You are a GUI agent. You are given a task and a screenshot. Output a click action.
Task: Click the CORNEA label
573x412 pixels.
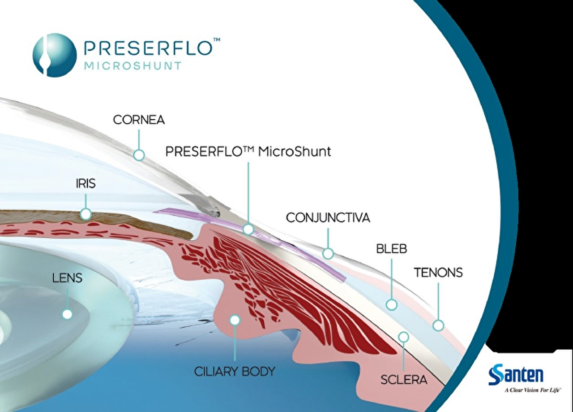click(139, 120)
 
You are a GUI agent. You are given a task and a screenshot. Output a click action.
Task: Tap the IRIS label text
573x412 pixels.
click(86, 184)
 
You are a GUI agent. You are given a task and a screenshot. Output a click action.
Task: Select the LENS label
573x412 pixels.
click(68, 278)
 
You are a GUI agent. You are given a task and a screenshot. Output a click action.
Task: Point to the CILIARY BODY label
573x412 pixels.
click(234, 372)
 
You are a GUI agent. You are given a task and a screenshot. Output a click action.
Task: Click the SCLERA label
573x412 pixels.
click(404, 380)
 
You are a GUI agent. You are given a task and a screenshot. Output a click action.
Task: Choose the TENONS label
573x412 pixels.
click(438, 273)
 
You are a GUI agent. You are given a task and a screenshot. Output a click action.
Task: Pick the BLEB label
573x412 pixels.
click(392, 249)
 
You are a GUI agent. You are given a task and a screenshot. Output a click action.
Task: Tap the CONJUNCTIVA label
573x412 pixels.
click(328, 218)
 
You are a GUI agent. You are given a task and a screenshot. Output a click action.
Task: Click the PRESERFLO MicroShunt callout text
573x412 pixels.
click(248, 152)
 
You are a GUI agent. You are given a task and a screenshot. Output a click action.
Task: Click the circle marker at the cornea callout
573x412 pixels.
click(139, 156)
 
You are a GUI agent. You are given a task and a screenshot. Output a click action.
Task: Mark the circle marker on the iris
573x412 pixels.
click(86, 214)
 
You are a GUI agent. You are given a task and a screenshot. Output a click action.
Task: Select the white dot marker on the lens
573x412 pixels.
click(67, 314)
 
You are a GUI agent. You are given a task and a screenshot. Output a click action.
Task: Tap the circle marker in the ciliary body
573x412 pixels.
click(235, 320)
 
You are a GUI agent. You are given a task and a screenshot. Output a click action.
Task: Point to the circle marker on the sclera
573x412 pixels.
click(404, 336)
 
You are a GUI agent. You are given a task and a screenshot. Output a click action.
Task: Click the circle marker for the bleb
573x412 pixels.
click(392, 305)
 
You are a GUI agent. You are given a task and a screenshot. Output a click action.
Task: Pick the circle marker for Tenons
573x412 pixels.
click(438, 325)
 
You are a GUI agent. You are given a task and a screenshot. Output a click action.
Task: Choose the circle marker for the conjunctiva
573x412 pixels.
click(328, 254)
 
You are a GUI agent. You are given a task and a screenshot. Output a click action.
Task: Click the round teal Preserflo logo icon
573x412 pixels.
click(55, 55)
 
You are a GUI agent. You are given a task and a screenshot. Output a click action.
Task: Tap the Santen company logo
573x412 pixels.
click(516, 375)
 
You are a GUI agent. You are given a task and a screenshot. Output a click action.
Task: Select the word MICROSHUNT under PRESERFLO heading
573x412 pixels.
click(133, 66)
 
